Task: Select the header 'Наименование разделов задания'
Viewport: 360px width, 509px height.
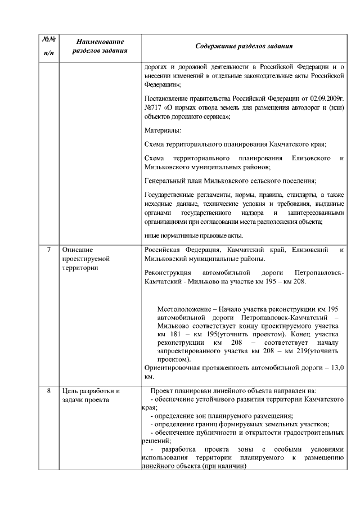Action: click(100, 46)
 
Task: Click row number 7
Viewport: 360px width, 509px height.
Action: click(48, 250)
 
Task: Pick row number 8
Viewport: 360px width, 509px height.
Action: click(48, 391)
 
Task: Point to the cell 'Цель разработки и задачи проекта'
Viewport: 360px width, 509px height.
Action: click(91, 395)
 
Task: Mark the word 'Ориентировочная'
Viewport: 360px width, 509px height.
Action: click(172, 367)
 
